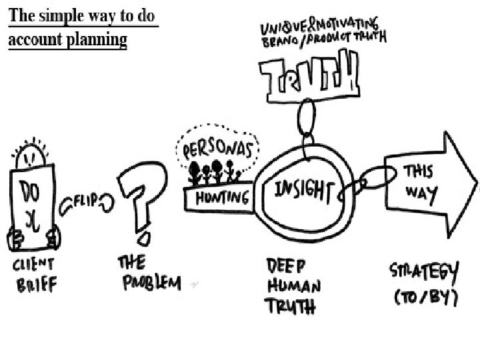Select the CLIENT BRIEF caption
coord(33,274)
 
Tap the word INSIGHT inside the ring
coord(303,191)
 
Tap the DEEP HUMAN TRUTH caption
coord(293,285)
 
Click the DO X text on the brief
coord(31,203)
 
